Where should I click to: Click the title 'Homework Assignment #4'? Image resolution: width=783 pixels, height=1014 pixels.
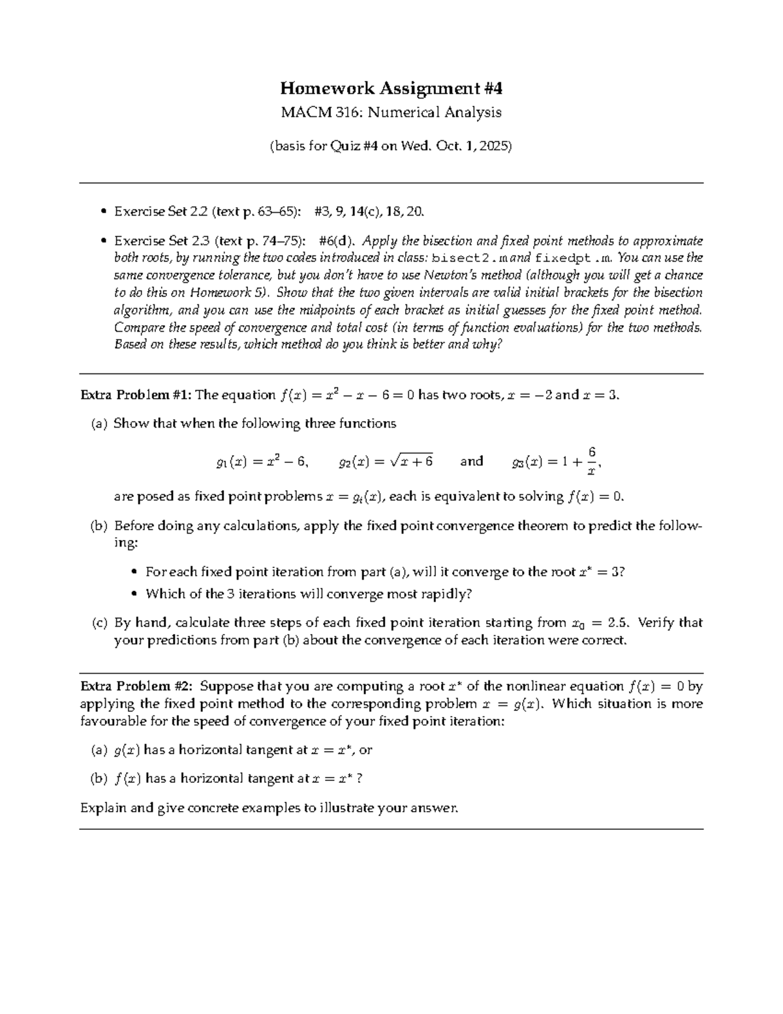(391, 88)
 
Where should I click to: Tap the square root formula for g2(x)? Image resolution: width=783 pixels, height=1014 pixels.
(386, 462)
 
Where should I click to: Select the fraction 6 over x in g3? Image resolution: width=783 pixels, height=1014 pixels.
(591, 461)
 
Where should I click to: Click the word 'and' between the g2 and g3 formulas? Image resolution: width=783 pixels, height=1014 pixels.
(471, 462)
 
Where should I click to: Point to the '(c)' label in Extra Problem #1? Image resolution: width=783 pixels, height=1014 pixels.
(99, 623)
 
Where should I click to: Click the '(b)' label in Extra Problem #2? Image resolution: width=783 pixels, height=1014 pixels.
(99, 778)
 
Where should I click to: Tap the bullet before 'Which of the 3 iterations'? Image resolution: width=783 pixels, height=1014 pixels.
(134, 594)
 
